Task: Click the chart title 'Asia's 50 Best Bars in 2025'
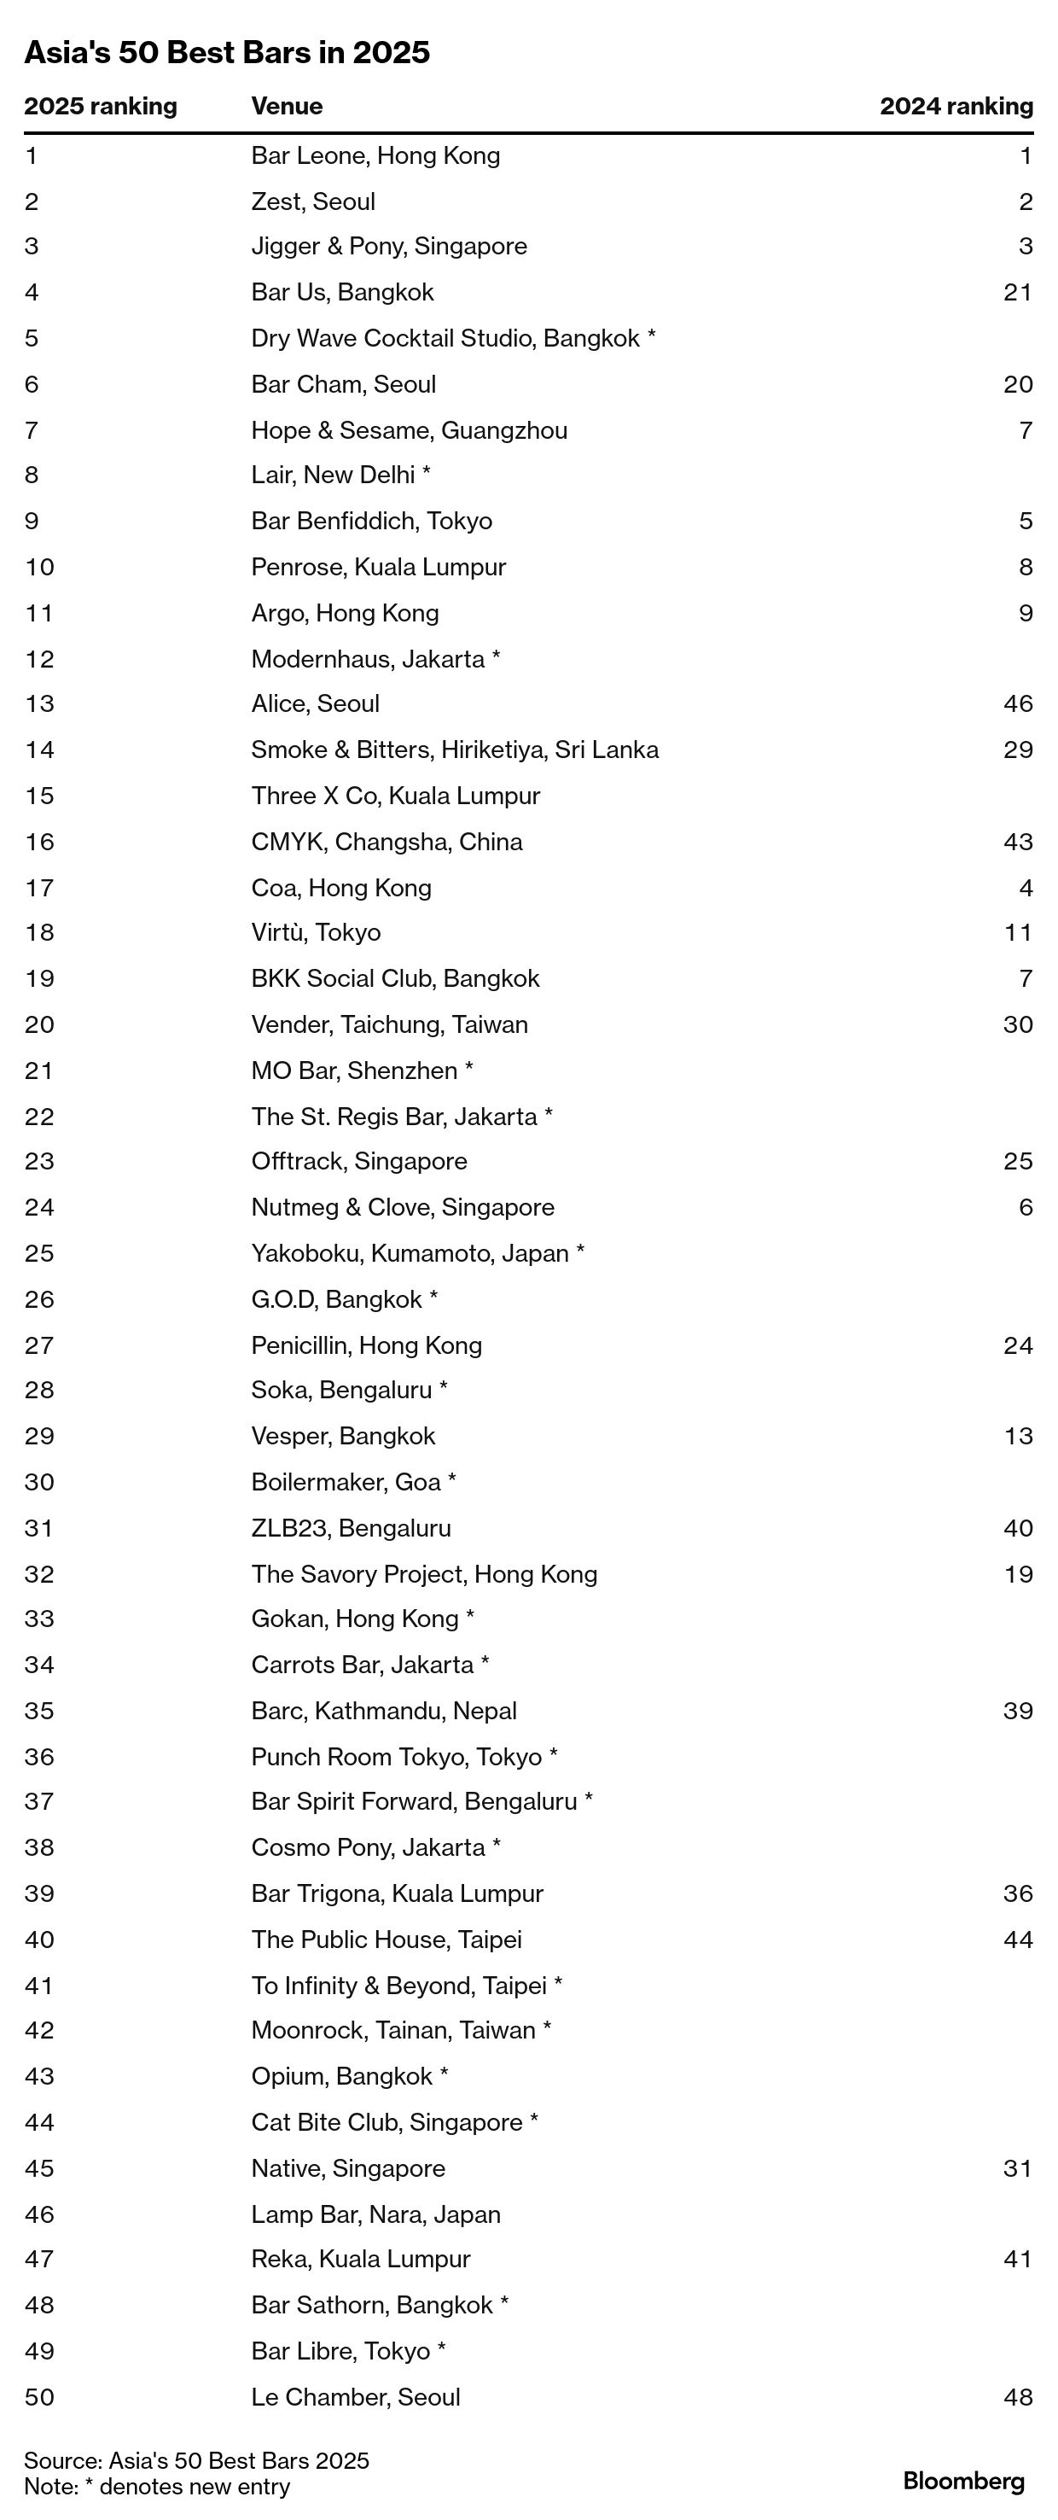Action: tap(227, 53)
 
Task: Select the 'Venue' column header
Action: tap(287, 107)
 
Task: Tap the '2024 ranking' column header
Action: tap(956, 107)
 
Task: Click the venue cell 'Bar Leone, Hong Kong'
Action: tap(375, 155)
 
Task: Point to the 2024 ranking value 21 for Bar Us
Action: tap(1017, 293)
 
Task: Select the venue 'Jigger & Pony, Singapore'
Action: tap(388, 247)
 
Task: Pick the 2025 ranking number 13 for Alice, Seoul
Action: tap(39, 704)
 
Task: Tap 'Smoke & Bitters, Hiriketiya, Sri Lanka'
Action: tap(455, 750)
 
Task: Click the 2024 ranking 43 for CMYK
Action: tap(1017, 843)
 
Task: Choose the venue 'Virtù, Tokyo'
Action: tap(316, 932)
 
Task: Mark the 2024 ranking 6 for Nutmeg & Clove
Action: tap(1025, 1207)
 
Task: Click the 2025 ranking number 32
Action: tap(39, 1574)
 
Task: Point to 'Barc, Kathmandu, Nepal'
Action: tap(383, 1711)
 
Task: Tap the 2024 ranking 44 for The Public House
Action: tap(1017, 1940)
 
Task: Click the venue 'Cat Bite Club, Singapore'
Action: tap(387, 2123)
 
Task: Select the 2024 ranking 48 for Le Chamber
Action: tap(1017, 2398)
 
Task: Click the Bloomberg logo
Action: tap(963, 2482)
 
